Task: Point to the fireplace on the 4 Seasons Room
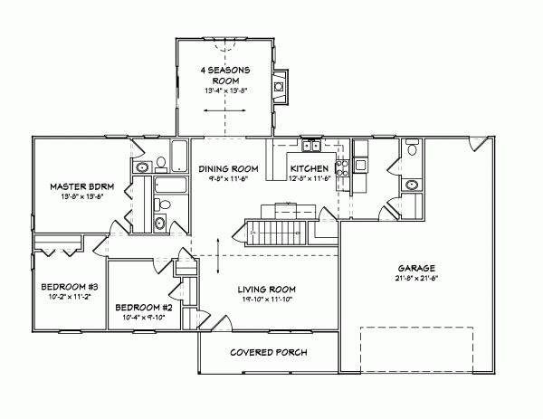tap(281, 87)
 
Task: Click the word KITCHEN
tap(310, 168)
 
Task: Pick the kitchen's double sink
tap(312, 145)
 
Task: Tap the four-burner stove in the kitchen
tap(343, 166)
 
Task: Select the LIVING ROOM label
tap(267, 290)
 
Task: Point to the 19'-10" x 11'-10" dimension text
tap(267, 300)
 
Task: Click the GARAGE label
tap(416, 269)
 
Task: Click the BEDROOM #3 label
tap(62, 287)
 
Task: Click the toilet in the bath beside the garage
tap(412, 148)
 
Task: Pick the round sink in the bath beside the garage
tap(412, 184)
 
